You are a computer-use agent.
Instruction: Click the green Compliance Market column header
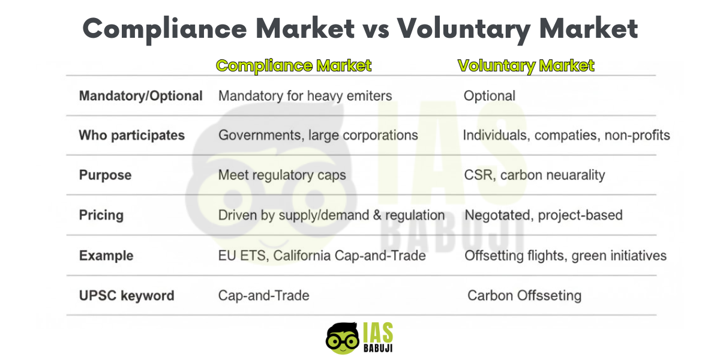tap(293, 65)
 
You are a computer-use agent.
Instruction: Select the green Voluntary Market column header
tap(526, 65)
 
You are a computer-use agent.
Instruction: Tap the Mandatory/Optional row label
tap(141, 96)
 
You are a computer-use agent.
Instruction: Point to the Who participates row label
tap(132, 136)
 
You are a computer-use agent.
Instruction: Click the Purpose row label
tap(105, 175)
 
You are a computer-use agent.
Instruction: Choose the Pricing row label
tap(101, 215)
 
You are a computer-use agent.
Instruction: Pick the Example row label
tap(106, 256)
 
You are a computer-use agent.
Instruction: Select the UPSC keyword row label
tap(127, 295)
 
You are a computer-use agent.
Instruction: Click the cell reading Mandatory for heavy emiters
tap(305, 96)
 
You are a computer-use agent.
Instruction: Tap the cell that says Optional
tap(489, 96)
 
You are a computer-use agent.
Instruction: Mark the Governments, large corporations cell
tap(318, 136)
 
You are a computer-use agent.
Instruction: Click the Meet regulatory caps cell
tap(282, 175)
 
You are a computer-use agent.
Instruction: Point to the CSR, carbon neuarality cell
tap(535, 175)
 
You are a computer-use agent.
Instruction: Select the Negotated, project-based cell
tap(544, 215)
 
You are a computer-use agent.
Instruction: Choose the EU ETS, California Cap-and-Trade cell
tap(322, 256)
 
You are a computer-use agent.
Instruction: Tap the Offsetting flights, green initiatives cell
tap(565, 256)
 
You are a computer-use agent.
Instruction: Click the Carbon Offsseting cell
tap(524, 295)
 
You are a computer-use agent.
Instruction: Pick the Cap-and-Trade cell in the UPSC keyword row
tap(263, 295)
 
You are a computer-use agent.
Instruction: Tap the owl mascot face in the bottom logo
tap(343, 339)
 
